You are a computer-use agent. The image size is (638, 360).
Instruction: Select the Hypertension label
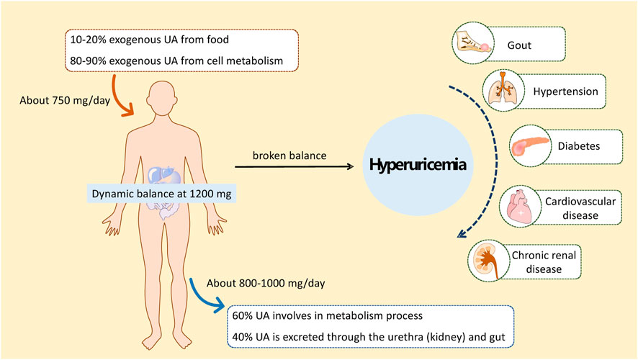tap(564, 92)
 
